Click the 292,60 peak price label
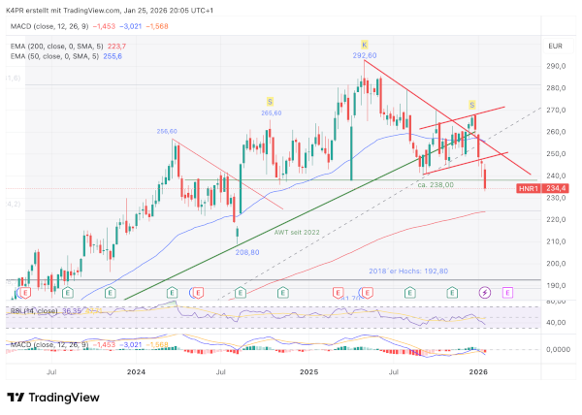point(364,55)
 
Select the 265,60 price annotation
point(270,113)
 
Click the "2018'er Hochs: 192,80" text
point(408,271)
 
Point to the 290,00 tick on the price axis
point(555,66)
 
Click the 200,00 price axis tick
point(555,264)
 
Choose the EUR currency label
point(555,47)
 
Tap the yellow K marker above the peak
point(365,45)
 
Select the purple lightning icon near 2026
point(486,292)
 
